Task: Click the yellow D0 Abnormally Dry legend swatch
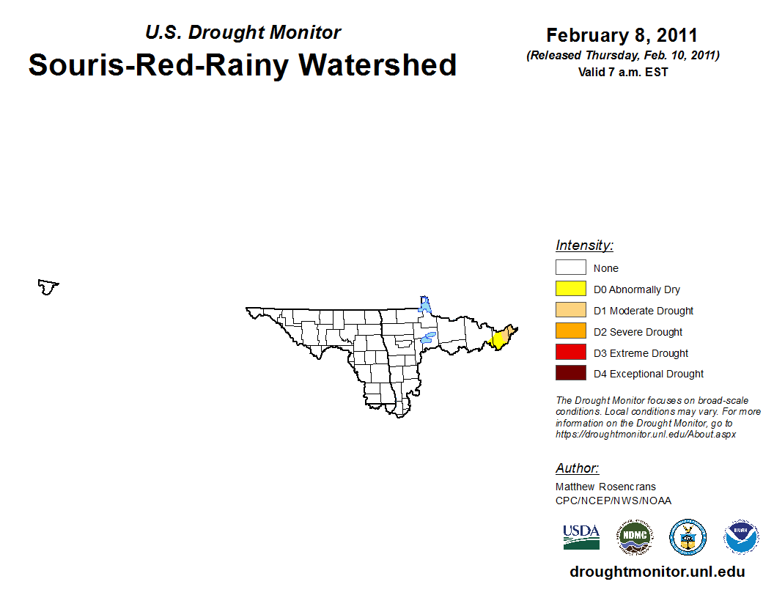(571, 289)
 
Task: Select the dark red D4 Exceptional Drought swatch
(571, 373)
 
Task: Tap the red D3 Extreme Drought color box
(571, 352)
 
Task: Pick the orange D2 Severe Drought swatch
(571, 331)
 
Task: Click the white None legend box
(571, 267)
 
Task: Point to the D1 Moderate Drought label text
(644, 311)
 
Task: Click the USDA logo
(581, 537)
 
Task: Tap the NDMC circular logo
(635, 537)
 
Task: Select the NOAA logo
(741, 537)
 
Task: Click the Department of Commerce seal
(688, 537)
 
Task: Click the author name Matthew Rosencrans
(605, 487)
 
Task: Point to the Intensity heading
(584, 246)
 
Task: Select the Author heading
(577, 468)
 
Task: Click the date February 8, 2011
(622, 35)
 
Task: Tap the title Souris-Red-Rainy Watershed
(243, 65)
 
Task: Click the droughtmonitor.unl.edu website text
(657, 572)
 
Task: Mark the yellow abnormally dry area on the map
(497, 341)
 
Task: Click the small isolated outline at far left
(48, 287)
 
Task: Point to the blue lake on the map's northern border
(424, 304)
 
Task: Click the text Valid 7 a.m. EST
(623, 73)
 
